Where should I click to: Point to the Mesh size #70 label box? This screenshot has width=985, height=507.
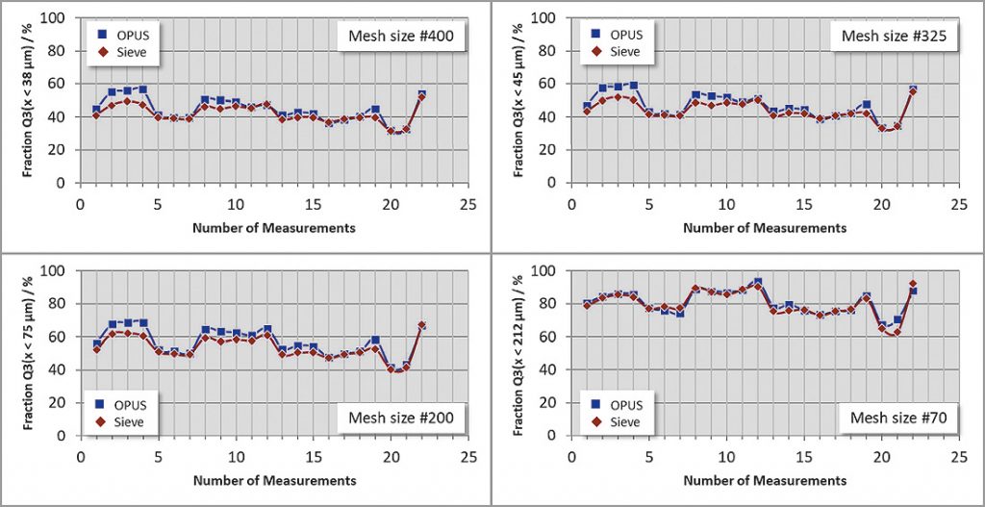[894, 417]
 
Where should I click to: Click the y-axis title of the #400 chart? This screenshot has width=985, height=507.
[31, 101]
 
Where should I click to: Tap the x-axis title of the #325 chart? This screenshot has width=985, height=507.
[765, 228]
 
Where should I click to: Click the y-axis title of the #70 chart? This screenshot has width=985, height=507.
[521, 354]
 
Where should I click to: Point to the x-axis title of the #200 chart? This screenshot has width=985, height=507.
[274, 480]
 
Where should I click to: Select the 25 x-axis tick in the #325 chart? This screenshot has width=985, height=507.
[958, 204]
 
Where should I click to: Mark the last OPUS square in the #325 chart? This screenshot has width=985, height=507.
[913, 89]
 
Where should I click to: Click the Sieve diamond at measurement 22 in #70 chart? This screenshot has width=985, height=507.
[913, 285]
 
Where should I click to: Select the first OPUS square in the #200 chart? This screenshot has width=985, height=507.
[96, 343]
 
